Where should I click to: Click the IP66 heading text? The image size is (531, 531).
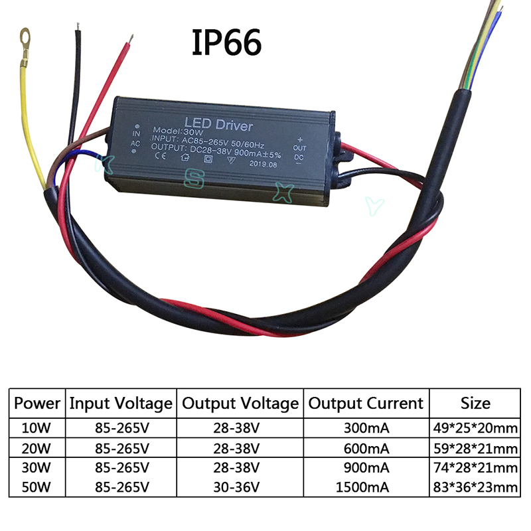(227, 42)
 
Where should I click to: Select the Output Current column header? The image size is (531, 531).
(366, 403)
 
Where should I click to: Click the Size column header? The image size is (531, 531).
(475, 403)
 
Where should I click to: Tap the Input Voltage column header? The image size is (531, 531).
(121, 403)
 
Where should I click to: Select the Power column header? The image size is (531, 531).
(37, 403)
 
